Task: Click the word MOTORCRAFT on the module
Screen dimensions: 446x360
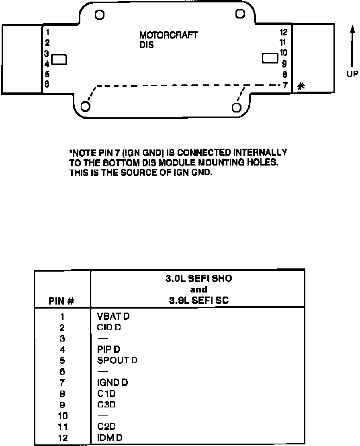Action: pyautogui.click(x=168, y=35)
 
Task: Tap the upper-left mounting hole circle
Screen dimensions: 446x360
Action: pyautogui.click(x=100, y=15)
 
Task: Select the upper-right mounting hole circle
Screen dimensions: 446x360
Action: pyautogui.click(x=240, y=14)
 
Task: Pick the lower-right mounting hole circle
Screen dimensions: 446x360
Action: pyautogui.click(x=237, y=106)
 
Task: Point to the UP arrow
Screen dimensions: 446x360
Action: pyautogui.click(x=352, y=46)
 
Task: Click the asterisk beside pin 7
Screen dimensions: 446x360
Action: pyautogui.click(x=301, y=85)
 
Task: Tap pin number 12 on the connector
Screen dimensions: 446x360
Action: pyautogui.click(x=284, y=33)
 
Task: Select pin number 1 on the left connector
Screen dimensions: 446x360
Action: pyautogui.click(x=47, y=32)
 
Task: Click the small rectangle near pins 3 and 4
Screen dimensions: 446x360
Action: pyautogui.click(x=60, y=60)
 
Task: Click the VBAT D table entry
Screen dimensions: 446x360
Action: pyautogui.click(x=113, y=317)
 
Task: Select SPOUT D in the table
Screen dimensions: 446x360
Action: pyautogui.click(x=117, y=360)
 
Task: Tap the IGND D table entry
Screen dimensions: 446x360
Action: pyautogui.click(x=112, y=383)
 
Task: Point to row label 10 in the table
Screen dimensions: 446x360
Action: pyautogui.click(x=62, y=415)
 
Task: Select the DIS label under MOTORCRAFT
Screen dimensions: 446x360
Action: pyautogui.click(x=147, y=45)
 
